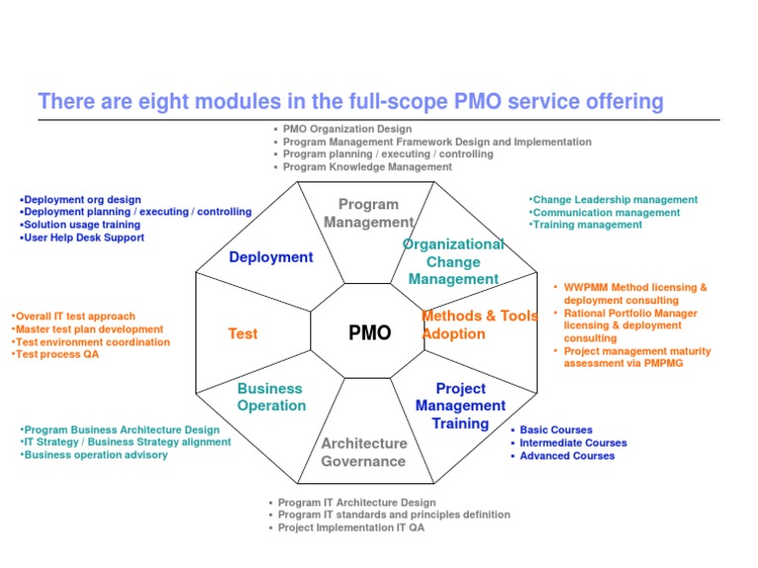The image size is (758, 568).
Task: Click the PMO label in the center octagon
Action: pyautogui.click(x=370, y=333)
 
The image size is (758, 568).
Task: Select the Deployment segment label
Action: pyautogui.click(x=270, y=257)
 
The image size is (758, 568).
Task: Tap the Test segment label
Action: pyautogui.click(x=242, y=334)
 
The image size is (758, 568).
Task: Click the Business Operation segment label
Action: pyautogui.click(x=270, y=397)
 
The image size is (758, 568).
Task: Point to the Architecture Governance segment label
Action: pyautogui.click(x=363, y=453)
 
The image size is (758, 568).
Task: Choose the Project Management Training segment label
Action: pyautogui.click(x=460, y=406)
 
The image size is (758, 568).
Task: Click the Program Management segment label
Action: pyautogui.click(x=368, y=213)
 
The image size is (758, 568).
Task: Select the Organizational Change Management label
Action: pyautogui.click(x=453, y=261)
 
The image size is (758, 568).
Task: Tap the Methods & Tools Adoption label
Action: pyautogui.click(x=480, y=324)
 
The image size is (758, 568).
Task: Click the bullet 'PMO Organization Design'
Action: pyautogui.click(x=346, y=129)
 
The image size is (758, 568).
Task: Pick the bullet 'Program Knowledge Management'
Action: pyautogui.click(x=367, y=168)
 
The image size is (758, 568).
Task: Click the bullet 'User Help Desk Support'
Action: pyautogui.click(x=83, y=238)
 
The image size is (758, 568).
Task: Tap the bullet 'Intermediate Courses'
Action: pyautogui.click(x=572, y=443)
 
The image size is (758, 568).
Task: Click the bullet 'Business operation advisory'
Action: pyautogui.click(x=95, y=456)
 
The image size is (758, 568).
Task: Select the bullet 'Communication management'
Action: pyautogui.click(x=605, y=212)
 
